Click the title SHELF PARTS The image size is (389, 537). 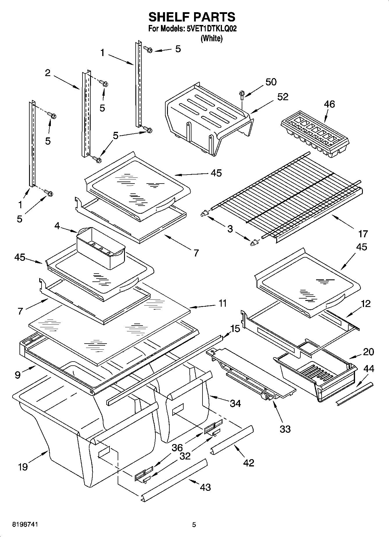(192, 17)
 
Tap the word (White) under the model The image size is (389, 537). (211, 38)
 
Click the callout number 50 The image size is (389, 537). (271, 82)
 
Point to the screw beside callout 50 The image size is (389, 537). (241, 94)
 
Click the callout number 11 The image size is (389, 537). (222, 303)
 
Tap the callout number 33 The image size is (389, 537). (285, 429)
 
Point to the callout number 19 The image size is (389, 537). (23, 467)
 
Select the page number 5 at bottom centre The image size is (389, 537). (194, 525)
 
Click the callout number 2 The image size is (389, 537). (48, 73)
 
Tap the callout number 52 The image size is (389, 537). (282, 97)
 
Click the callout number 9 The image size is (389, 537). (18, 375)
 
